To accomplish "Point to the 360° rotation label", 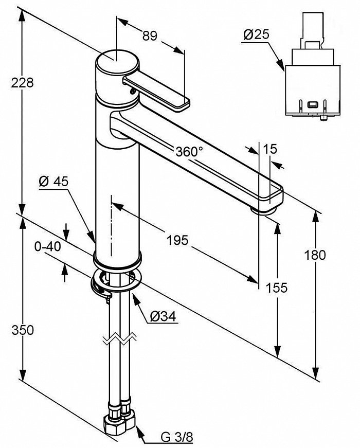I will tap(189, 152).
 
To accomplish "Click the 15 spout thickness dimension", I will tap(270, 149).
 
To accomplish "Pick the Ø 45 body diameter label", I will tap(53, 181).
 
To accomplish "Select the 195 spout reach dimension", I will tap(178, 240).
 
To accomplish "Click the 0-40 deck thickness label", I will tap(47, 246).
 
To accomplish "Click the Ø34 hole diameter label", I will tap(164, 317).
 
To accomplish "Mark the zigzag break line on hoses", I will tap(119, 340).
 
